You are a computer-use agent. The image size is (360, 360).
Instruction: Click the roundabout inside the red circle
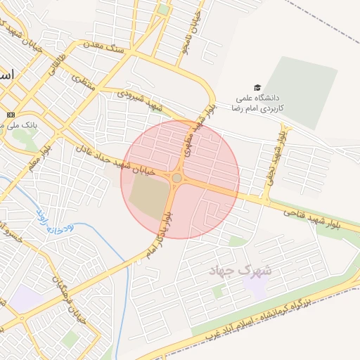point(176,179)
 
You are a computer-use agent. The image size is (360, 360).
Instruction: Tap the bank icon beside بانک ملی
point(11,115)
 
